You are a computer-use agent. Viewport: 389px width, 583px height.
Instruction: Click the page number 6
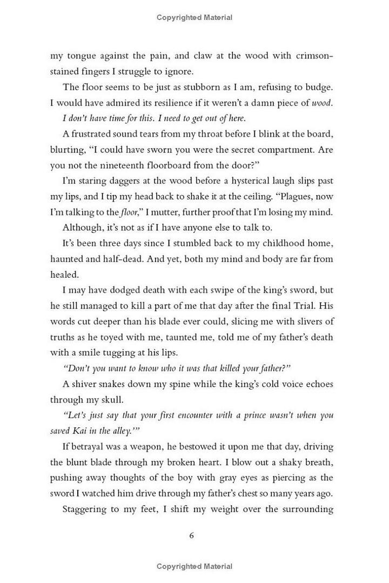pos(191,535)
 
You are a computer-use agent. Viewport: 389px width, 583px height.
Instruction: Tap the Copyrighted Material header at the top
pos(194,17)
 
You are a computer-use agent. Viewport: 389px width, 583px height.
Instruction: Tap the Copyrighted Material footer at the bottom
pos(194,566)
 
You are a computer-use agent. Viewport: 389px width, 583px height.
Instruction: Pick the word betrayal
pos(88,447)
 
